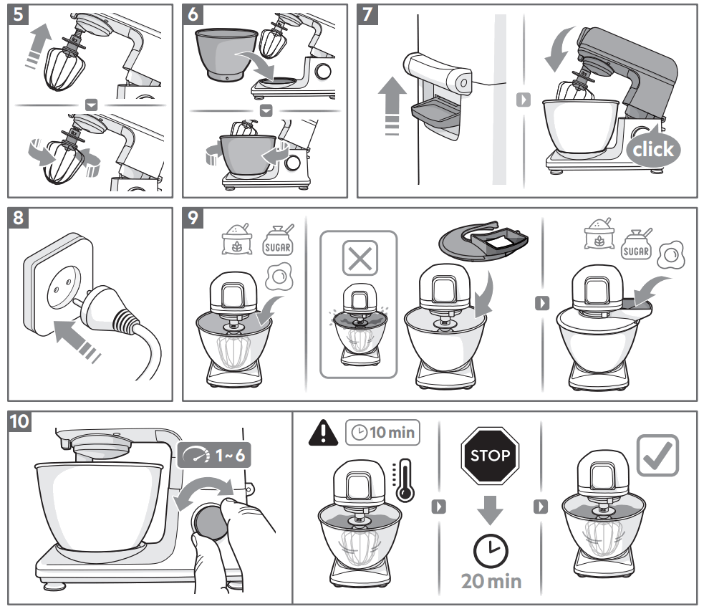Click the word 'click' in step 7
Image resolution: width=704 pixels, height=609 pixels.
click(652, 149)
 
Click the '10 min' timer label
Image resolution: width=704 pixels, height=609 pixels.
click(382, 433)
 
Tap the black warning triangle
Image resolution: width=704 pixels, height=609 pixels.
click(324, 433)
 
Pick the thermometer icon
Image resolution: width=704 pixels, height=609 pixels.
click(405, 479)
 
